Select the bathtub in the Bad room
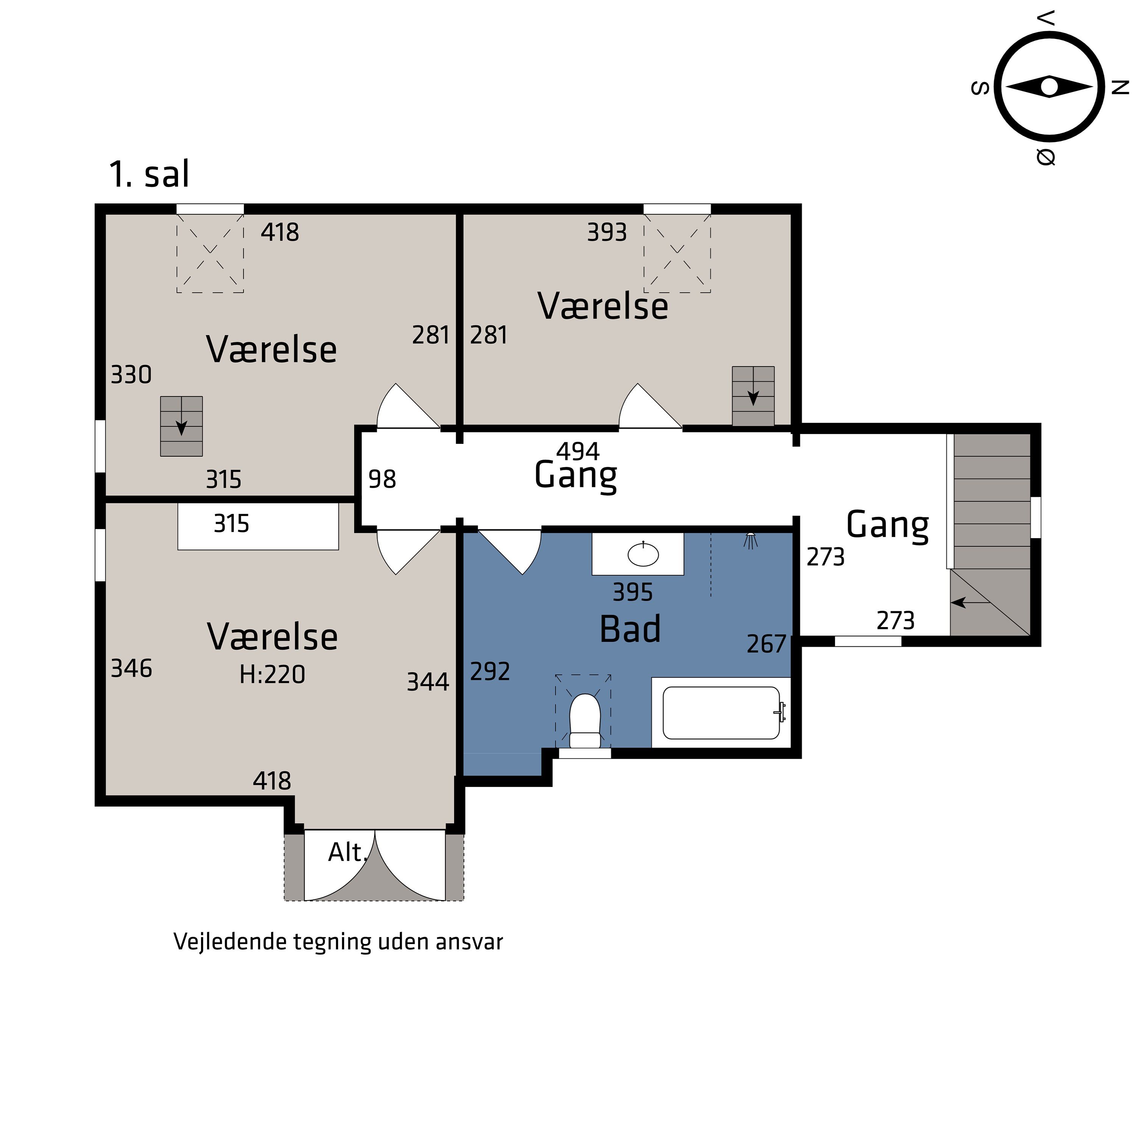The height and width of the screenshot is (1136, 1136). (x=721, y=713)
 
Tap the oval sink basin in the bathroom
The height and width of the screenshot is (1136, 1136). (x=643, y=554)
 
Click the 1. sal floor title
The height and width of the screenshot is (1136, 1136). (x=149, y=174)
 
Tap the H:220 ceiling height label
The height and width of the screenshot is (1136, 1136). (x=272, y=674)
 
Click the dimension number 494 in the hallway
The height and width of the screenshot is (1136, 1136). (x=578, y=451)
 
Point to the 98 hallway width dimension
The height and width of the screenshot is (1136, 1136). (x=382, y=479)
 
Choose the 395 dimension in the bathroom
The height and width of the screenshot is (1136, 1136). (x=633, y=592)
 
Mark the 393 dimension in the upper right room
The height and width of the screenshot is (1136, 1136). (x=607, y=232)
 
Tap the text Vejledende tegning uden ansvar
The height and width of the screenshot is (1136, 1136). (x=338, y=941)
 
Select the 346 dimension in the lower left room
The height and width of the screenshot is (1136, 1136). (x=131, y=669)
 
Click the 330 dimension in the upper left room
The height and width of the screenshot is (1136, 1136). (x=131, y=375)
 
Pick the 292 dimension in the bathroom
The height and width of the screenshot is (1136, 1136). (x=490, y=671)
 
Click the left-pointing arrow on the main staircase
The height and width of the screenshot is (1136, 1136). (x=970, y=602)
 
